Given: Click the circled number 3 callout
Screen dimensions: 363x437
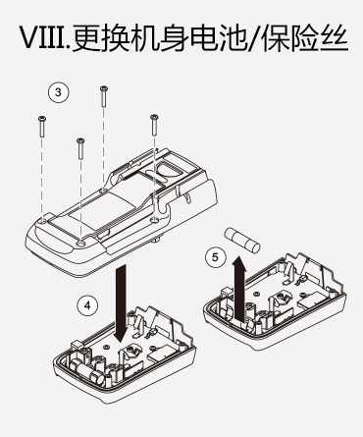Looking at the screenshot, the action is pyautogui.click(x=59, y=92).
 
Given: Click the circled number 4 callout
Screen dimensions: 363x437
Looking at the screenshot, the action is pyautogui.click(x=87, y=305).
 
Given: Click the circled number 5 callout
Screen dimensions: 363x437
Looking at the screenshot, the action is pyautogui.click(x=216, y=257).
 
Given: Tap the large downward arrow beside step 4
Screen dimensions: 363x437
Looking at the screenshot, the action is pyautogui.click(x=121, y=303).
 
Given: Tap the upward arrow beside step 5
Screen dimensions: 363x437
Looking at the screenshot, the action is pyautogui.click(x=240, y=288).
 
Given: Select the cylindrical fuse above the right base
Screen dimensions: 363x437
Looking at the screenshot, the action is pyautogui.click(x=241, y=240).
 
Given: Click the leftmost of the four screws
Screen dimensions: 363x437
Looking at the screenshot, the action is pyautogui.click(x=42, y=127).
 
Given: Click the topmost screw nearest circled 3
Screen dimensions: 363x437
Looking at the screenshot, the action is pyautogui.click(x=104, y=96).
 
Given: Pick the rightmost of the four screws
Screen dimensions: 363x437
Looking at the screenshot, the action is pyautogui.click(x=154, y=125).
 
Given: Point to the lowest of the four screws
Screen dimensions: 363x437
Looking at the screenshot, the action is pyautogui.click(x=80, y=148).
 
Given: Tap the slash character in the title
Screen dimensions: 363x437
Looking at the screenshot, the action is pyautogui.click(x=252, y=38).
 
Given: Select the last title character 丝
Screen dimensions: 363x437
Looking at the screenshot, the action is pyautogui.click(x=332, y=37).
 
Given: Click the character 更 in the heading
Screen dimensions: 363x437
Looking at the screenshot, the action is pyautogui.click(x=88, y=37).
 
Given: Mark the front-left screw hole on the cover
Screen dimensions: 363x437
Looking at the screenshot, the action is pyautogui.click(x=42, y=222).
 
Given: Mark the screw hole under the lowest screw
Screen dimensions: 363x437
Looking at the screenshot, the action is pyautogui.click(x=80, y=243).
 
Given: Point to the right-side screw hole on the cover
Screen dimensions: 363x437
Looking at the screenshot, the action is pyautogui.click(x=155, y=220).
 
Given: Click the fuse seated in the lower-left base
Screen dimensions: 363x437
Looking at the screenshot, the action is pyautogui.click(x=86, y=369).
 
